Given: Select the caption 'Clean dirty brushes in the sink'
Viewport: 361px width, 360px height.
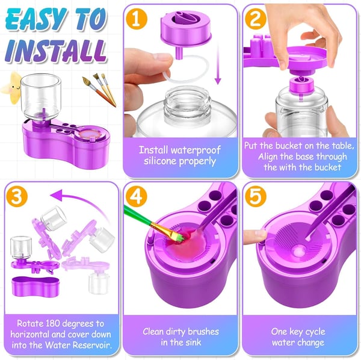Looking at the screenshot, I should [x=180, y=337].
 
